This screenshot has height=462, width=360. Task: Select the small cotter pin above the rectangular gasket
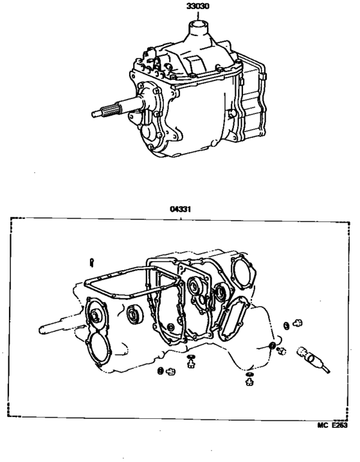pos(93,261)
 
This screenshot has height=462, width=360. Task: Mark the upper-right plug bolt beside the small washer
pos(297,324)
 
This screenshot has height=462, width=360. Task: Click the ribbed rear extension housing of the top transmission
pos(251,106)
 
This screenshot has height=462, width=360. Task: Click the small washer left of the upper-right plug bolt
pos(285,326)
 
